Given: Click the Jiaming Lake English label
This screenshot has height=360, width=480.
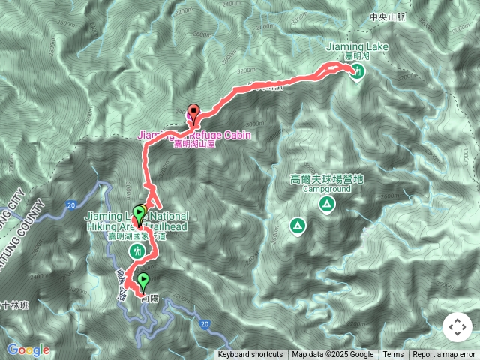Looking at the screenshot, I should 358,47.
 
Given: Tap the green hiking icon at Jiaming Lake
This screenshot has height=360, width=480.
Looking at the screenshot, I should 358,72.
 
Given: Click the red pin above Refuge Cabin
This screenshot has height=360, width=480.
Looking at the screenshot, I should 193,113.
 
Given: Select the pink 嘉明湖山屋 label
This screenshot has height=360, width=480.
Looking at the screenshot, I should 194,145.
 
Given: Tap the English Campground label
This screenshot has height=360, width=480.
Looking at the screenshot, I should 327,190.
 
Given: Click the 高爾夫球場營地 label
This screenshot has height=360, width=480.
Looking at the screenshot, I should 327,180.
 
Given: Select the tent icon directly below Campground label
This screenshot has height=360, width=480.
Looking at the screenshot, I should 327,205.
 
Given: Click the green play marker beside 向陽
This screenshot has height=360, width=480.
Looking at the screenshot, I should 142,283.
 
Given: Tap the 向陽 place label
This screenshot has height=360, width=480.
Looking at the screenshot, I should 148,298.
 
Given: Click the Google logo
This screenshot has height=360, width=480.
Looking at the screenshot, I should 28,349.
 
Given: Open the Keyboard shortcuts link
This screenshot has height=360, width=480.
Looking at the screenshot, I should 250,355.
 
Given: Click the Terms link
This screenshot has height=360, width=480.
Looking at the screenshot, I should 393,355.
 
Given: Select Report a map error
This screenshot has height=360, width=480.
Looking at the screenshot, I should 444,355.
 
